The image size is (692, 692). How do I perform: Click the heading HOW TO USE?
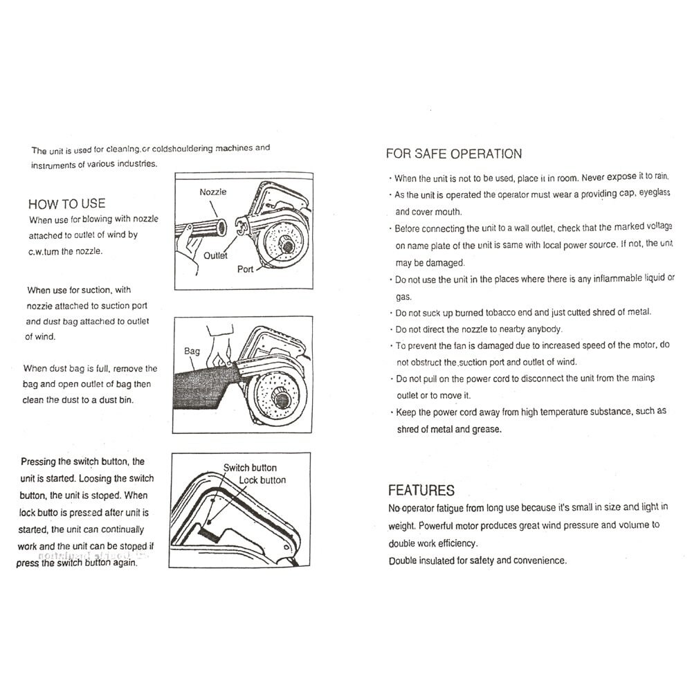point(66,203)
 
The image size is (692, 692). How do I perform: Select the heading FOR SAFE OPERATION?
point(453,154)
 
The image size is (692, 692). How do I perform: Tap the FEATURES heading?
point(421,490)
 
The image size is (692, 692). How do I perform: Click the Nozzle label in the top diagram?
point(213,192)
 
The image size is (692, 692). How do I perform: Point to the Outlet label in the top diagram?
point(215,255)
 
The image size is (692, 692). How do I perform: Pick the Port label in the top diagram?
point(246,269)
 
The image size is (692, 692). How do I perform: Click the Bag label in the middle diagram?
point(192,351)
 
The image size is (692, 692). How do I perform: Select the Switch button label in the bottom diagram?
point(250,468)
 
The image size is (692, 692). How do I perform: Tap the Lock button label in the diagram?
point(262,480)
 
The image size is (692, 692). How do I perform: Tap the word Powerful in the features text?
point(439,525)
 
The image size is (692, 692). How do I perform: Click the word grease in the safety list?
point(486,429)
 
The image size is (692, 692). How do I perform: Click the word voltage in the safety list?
point(655,227)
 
